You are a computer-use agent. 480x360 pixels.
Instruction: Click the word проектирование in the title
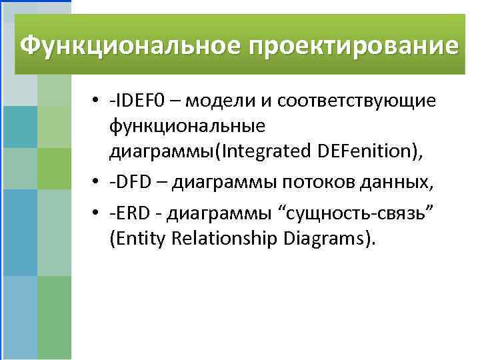(354, 47)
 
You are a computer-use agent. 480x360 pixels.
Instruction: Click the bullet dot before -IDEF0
(97, 101)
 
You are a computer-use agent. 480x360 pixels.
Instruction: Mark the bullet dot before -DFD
(97, 181)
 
